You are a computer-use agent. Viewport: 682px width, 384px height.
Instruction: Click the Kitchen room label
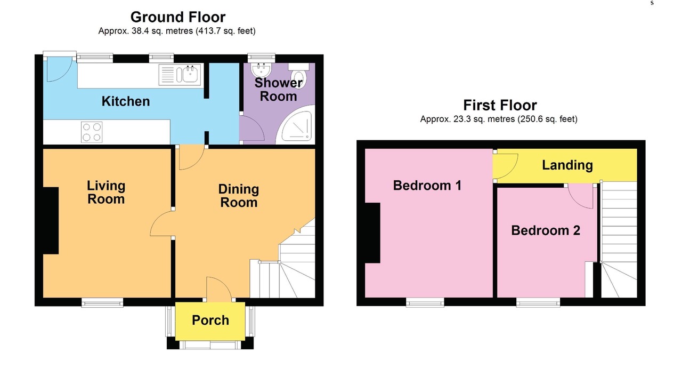click(x=125, y=101)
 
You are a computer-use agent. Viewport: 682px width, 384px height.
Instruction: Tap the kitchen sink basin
click(x=191, y=74)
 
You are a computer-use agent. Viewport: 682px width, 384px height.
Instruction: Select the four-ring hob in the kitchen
click(x=92, y=132)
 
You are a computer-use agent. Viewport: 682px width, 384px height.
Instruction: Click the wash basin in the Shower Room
click(x=261, y=70)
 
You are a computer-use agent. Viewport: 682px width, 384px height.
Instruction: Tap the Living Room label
click(x=106, y=193)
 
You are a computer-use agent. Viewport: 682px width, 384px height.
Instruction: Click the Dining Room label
click(x=239, y=196)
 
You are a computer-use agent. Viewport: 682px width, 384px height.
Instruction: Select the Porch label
click(x=210, y=321)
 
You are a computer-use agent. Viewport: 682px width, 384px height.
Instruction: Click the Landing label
click(x=567, y=165)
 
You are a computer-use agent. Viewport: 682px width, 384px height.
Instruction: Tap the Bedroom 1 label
click(x=427, y=185)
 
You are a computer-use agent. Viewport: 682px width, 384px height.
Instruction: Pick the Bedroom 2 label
click(x=546, y=230)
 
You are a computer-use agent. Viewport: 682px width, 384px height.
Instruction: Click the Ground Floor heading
click(x=178, y=17)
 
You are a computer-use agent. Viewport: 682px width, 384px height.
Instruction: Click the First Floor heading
click(x=500, y=105)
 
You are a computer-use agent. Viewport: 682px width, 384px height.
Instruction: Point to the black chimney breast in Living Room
click(x=51, y=220)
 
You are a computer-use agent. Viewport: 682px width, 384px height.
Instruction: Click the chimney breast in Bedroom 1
click(x=372, y=233)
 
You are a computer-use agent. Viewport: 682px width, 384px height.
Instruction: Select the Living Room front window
click(x=102, y=302)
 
